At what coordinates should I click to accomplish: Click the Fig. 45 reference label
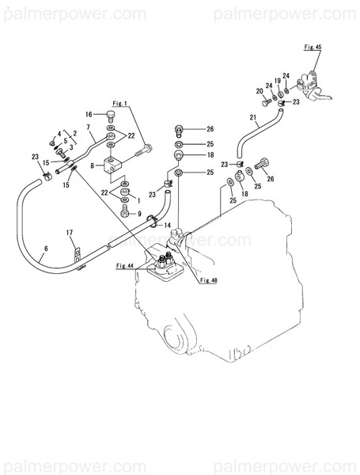313,47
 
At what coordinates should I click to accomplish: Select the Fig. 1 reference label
120,104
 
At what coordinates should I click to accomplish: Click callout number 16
89,114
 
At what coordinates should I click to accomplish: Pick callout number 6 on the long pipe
45,249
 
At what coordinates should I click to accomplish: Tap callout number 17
70,232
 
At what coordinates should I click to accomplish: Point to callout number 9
140,213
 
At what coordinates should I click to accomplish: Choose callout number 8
93,165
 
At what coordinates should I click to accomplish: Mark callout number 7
89,128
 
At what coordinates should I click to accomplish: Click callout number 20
259,92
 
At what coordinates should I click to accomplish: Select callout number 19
278,81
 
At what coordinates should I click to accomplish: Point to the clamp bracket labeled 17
76,255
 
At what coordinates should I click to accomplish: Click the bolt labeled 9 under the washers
124,212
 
